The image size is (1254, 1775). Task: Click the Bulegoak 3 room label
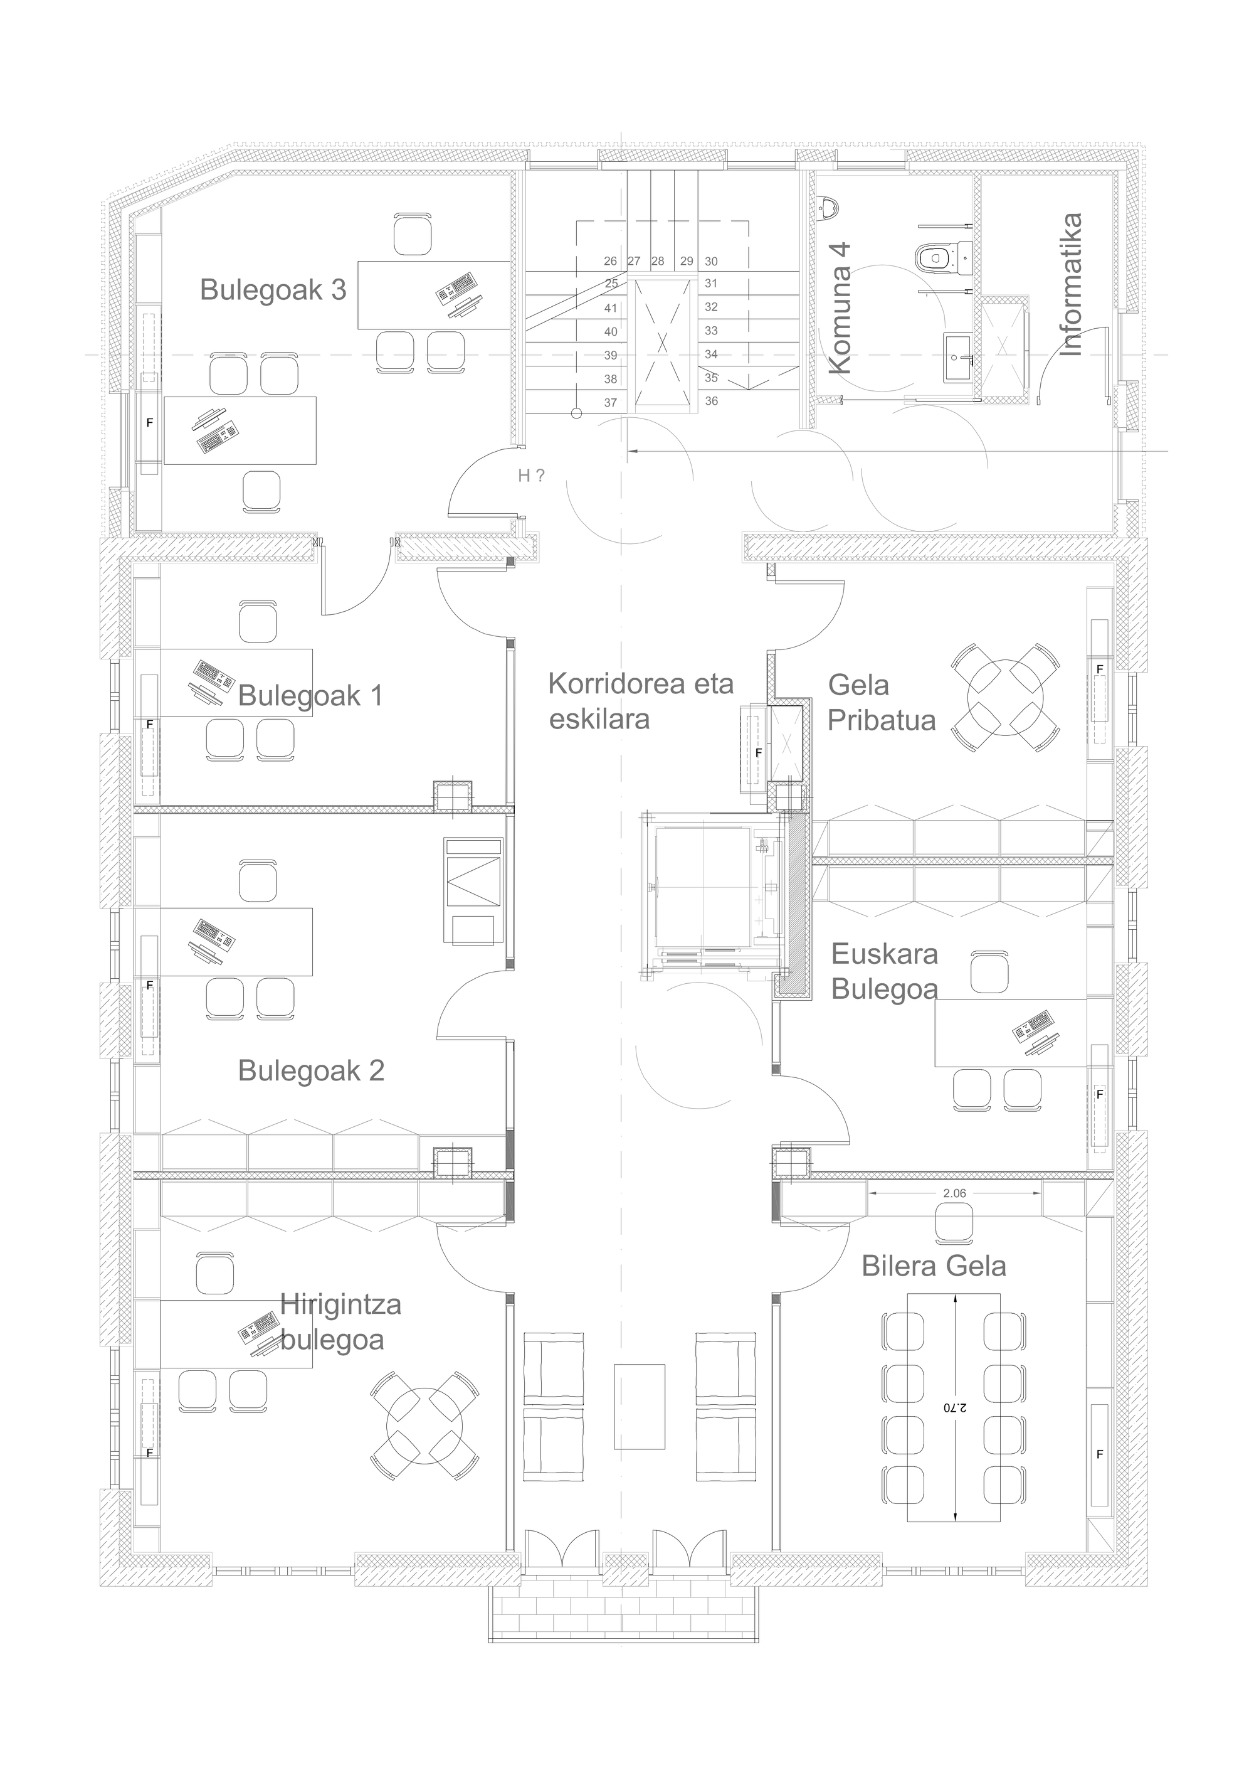(x=273, y=290)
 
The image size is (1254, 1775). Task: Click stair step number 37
(x=611, y=402)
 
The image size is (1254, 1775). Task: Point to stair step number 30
(x=711, y=261)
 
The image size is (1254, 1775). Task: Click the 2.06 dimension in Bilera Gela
(x=954, y=1193)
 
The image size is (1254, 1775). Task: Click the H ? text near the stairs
(x=531, y=476)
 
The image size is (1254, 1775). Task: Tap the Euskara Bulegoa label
(x=885, y=971)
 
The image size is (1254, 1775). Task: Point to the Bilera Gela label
(x=934, y=1266)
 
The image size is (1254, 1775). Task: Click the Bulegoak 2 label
(x=310, y=1071)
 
